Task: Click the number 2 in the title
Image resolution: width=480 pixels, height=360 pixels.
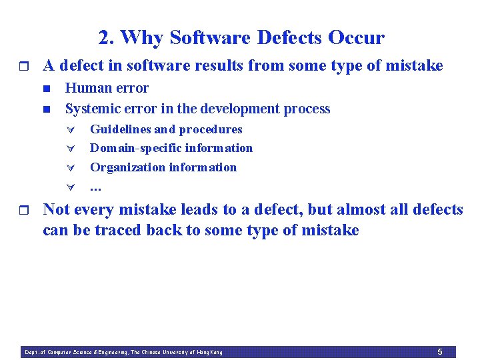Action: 104,38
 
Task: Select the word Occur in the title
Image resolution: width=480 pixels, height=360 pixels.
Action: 356,38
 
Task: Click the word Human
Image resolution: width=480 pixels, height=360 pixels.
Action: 87,88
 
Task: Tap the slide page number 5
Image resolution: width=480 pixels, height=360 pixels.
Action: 439,351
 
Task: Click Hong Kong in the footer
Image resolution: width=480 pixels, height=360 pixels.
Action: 209,352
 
